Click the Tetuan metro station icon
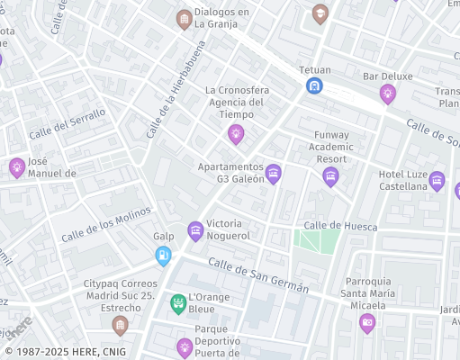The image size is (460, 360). tap(314, 85)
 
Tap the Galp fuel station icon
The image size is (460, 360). tap(163, 256)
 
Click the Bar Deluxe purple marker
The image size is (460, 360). tap(388, 94)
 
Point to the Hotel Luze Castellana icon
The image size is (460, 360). tap(437, 181)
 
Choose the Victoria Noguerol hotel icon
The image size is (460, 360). tap(195, 231)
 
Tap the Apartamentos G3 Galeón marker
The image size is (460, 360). tap(274, 173)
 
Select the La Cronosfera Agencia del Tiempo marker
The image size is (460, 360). tap(236, 134)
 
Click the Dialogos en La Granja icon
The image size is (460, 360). tap(185, 19)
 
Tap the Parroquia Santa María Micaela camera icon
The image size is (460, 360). tap(366, 323)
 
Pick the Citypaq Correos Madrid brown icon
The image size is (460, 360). tap(120, 324)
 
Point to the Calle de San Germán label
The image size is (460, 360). tap(258, 275)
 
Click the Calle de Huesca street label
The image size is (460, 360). tap(340, 226)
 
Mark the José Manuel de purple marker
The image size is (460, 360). tap(16, 167)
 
